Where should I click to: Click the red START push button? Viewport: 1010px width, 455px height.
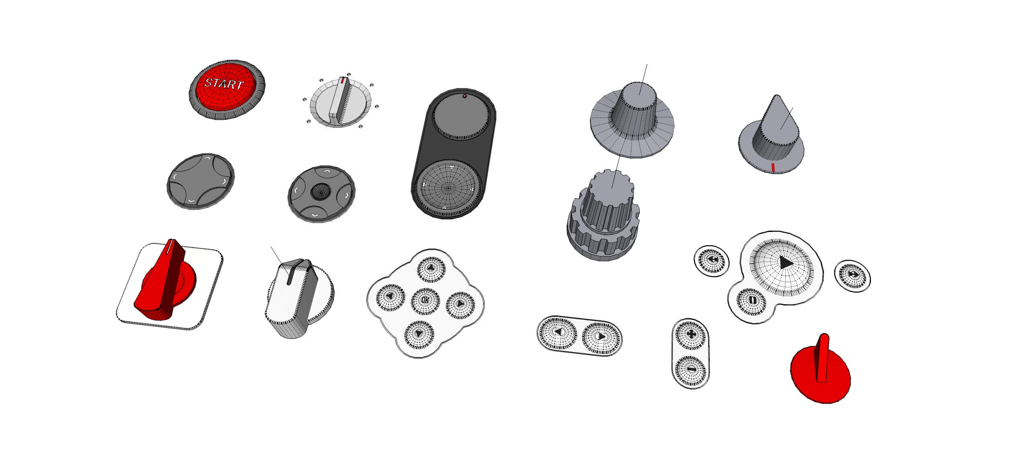pyautogui.click(x=226, y=87)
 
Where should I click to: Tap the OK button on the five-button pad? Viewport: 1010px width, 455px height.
pyautogui.click(x=425, y=301)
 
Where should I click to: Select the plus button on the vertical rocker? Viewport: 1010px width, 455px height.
pyautogui.click(x=691, y=334)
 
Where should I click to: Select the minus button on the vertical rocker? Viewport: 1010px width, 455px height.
pyautogui.click(x=691, y=369)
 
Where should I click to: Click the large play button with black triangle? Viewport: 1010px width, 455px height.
pyautogui.click(x=784, y=263)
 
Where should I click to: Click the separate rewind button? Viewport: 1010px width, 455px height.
pyautogui.click(x=712, y=260)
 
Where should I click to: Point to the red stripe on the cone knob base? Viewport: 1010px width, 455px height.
pyautogui.click(x=772, y=168)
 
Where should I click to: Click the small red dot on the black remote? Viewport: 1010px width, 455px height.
pyautogui.click(x=465, y=96)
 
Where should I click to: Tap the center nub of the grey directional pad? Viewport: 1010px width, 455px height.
pyautogui.click(x=320, y=192)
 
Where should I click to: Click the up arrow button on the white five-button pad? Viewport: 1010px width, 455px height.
pyautogui.click(x=431, y=268)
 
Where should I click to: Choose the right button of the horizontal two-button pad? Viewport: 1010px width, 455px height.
pyautogui.click(x=601, y=338)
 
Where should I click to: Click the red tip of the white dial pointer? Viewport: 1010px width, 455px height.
pyautogui.click(x=342, y=81)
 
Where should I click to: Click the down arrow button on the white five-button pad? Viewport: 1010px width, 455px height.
pyautogui.click(x=419, y=334)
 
